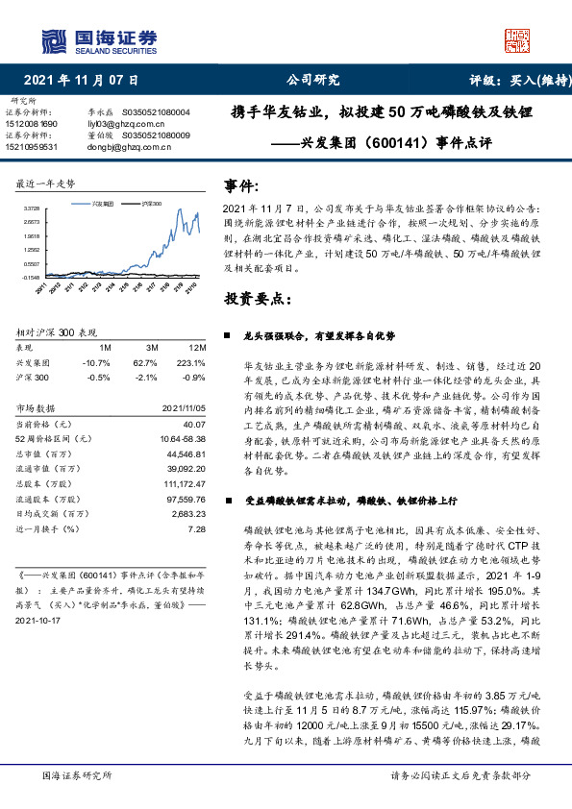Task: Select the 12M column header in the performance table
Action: [x=198, y=346]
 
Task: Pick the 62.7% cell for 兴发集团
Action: [x=145, y=363]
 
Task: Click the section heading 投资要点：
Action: [x=258, y=299]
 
